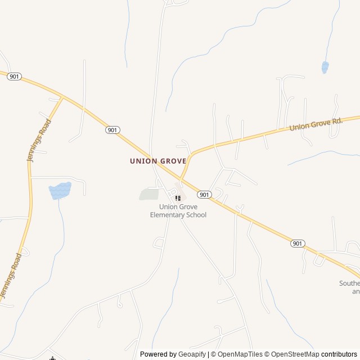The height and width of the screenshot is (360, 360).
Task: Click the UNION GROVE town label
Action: pyautogui.click(x=157, y=161)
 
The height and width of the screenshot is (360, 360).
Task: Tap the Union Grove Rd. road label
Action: pyautogui.click(x=316, y=124)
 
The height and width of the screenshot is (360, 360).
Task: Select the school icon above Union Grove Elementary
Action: pyautogui.click(x=178, y=197)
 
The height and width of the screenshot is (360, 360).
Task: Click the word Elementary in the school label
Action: pyautogui.click(x=168, y=215)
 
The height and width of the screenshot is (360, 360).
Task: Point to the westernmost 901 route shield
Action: pyautogui.click(x=14, y=76)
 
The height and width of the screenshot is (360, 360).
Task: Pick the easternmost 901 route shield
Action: pyautogui.click(x=298, y=243)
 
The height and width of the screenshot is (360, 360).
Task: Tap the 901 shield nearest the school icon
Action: pyautogui.click(x=204, y=194)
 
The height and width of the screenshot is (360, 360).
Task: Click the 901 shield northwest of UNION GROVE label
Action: pyautogui.click(x=112, y=130)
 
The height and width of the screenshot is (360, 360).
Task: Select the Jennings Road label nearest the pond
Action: pyautogui.click(x=39, y=141)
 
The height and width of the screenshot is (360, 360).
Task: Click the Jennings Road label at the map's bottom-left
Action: pyautogui.click(x=11, y=276)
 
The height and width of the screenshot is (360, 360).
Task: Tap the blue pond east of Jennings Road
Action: pyautogui.click(x=60, y=190)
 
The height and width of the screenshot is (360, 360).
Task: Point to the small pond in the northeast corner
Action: pyautogui.click(x=325, y=67)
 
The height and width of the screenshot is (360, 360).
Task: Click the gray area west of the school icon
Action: pyautogui.click(x=149, y=195)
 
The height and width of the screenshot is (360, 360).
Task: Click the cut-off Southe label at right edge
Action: pyautogui.click(x=349, y=283)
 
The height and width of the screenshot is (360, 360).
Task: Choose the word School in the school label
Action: pyautogui.click(x=196, y=215)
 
